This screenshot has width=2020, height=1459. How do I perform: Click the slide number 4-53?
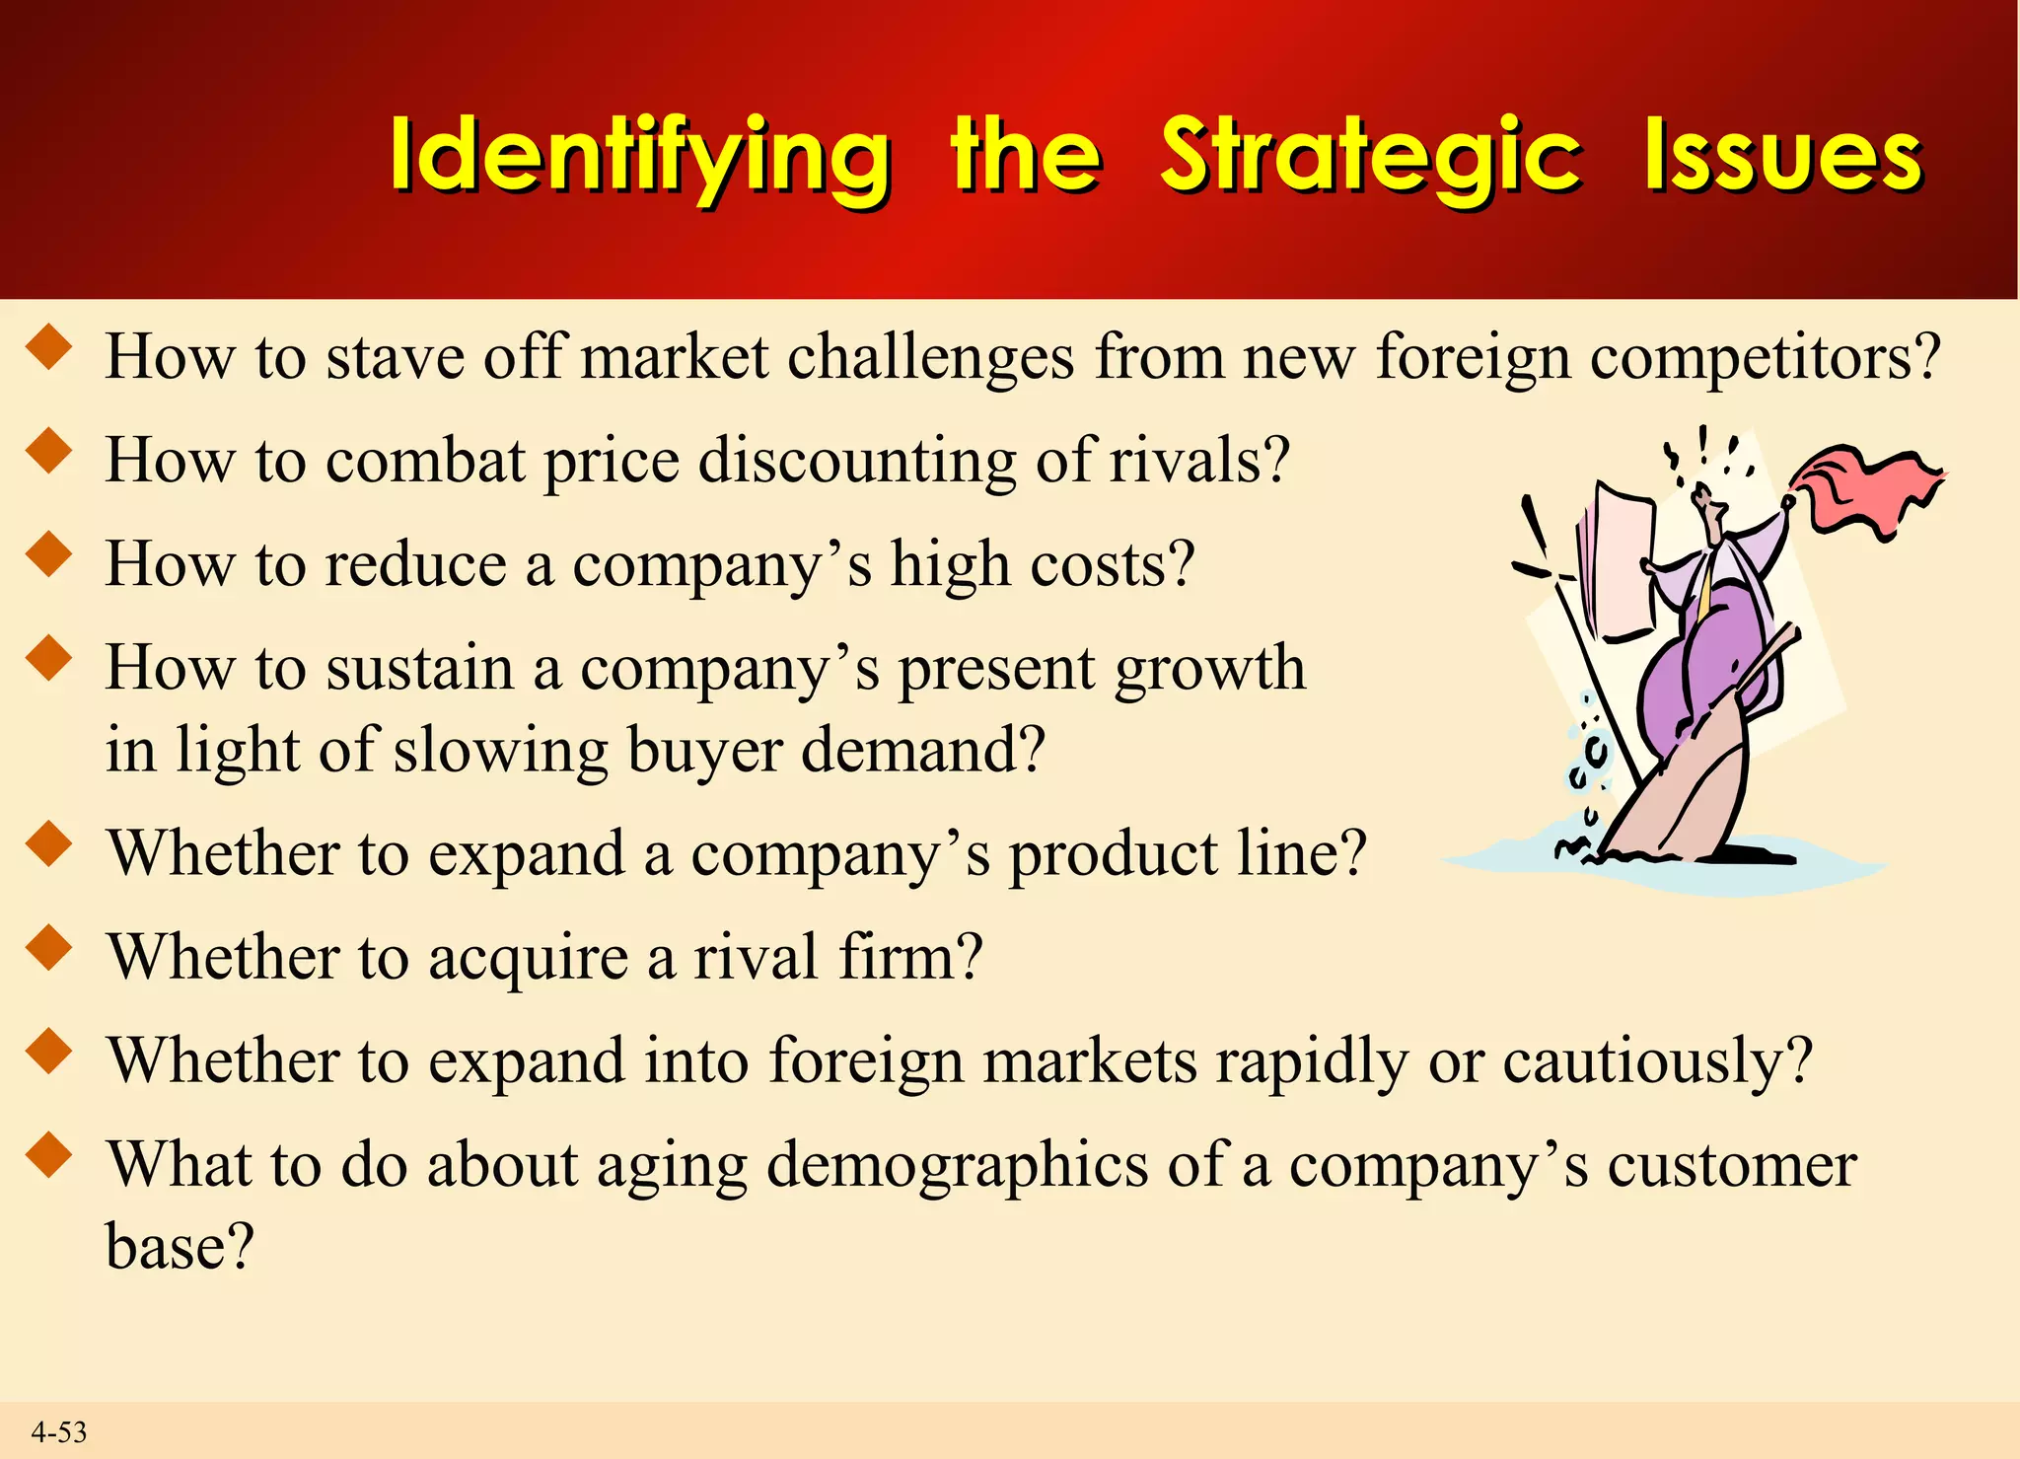(x=58, y=1431)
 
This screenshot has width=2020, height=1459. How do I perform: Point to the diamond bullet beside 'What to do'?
(x=49, y=1154)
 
